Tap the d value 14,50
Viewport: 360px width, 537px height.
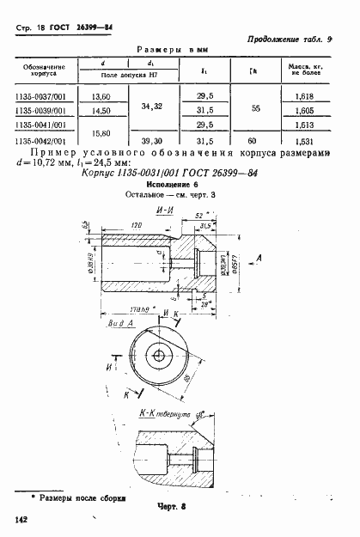pos(101,112)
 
